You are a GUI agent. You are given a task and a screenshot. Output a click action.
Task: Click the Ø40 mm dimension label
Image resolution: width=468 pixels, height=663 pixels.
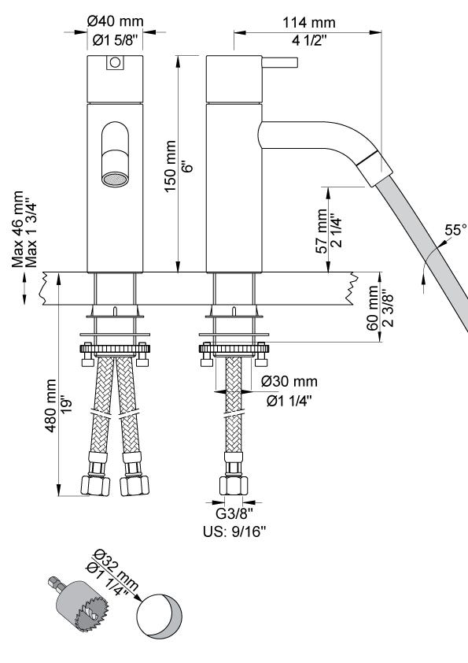pos(116,21)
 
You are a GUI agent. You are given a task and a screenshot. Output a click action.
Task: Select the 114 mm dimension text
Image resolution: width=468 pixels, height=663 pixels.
pos(309,22)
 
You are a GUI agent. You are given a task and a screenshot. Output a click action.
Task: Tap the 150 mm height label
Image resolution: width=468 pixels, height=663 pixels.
pos(170,167)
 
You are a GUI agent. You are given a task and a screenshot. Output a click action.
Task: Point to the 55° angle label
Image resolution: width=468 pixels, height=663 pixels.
pos(455,231)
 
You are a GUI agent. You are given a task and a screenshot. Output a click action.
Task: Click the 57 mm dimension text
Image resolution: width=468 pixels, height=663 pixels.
pos(322,231)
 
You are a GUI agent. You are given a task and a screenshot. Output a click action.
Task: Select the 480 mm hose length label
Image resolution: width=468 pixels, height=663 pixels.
pos(50,406)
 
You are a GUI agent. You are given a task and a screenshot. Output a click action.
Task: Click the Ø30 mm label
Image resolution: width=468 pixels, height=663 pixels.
pos(289,381)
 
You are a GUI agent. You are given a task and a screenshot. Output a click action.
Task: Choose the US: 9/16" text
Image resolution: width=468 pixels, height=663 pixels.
pos(234,532)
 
